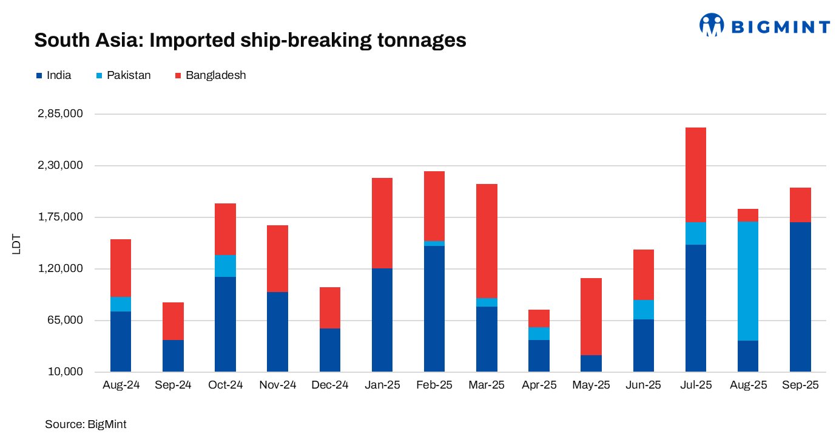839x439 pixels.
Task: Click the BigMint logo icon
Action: (x=712, y=25)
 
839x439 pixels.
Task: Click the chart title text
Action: (x=250, y=40)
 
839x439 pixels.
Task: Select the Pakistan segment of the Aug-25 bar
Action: (x=747, y=281)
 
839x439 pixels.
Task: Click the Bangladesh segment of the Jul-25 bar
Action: (x=695, y=175)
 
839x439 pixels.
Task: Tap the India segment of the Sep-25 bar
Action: (x=800, y=297)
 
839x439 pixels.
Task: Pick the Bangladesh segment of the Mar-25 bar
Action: (x=487, y=241)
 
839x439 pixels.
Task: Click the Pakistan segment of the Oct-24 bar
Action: (x=225, y=266)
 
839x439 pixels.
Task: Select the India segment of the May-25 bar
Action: (x=591, y=363)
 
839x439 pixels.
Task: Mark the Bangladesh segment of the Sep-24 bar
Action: (x=173, y=321)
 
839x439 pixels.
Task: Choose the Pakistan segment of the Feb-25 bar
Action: (x=434, y=243)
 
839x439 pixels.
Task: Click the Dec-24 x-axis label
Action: (x=330, y=385)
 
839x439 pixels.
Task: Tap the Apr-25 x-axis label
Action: (x=539, y=385)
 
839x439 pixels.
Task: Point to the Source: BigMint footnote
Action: (x=86, y=424)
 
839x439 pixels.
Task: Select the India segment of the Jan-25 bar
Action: (x=382, y=320)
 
